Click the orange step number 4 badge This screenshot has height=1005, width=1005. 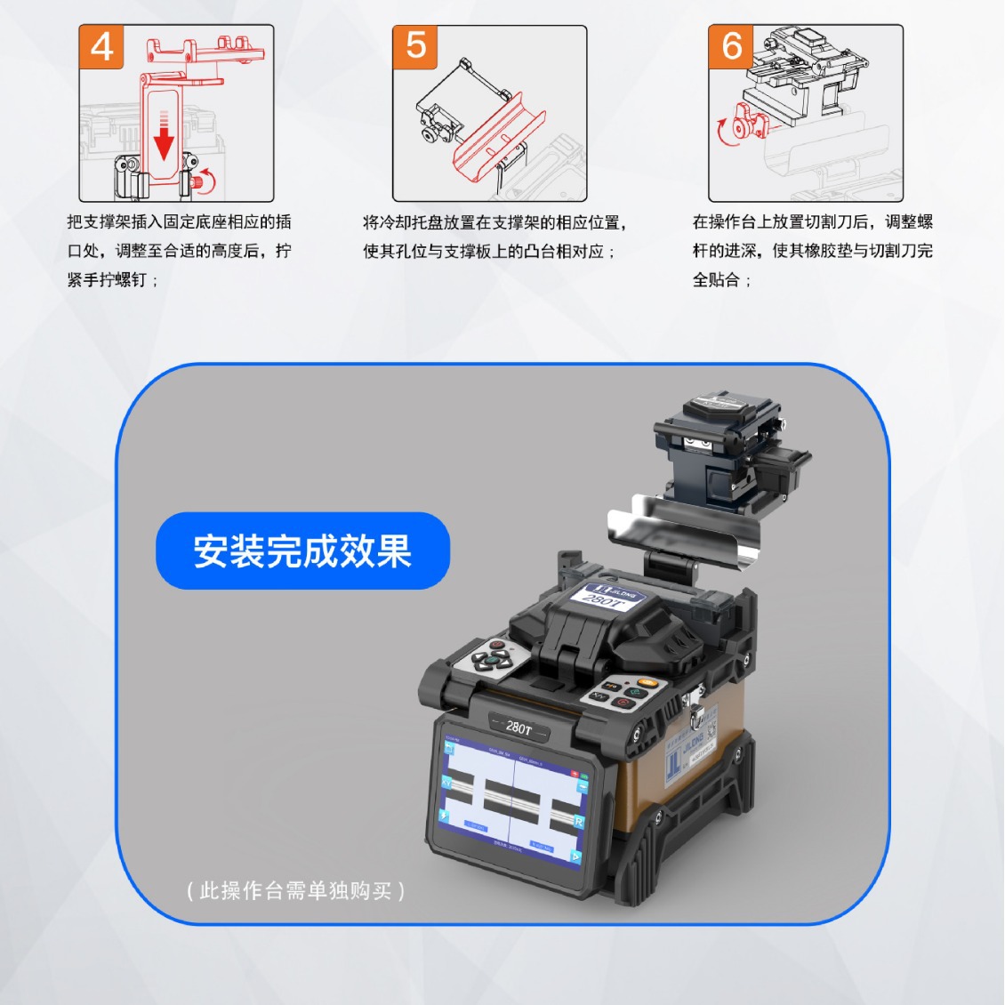102,47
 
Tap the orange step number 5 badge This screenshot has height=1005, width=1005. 416,46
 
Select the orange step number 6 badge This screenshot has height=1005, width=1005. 731,46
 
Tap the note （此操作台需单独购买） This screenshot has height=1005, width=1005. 296,890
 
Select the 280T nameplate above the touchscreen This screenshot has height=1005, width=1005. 519,727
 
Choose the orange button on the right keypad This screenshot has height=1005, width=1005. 647,683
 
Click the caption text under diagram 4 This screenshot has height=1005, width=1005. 179,251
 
